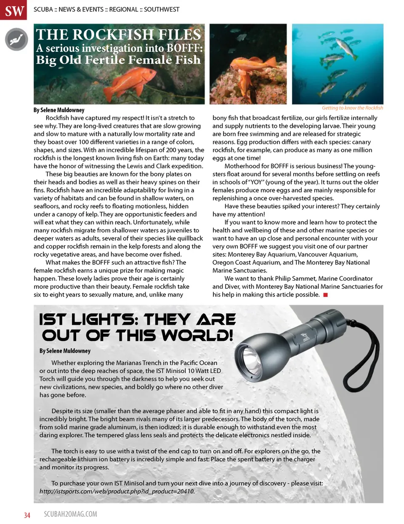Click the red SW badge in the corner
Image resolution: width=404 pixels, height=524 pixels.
[x=14, y=10]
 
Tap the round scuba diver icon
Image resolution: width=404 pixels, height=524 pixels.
[x=16, y=40]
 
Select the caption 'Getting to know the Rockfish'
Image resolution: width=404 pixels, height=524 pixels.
[x=352, y=108]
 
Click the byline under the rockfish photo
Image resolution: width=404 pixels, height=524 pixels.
[x=59, y=110]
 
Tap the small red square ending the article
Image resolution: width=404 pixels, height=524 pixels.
[x=325, y=295]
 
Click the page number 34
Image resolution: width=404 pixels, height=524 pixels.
[x=27, y=515]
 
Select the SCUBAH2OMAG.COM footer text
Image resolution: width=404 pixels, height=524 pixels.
[x=70, y=514]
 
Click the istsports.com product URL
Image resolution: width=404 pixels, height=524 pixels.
[x=117, y=491]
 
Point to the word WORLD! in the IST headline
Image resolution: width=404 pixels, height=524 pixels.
[x=197, y=335]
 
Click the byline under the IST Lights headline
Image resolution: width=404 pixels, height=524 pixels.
[x=65, y=351]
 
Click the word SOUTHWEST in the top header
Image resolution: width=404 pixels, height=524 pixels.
[x=162, y=9]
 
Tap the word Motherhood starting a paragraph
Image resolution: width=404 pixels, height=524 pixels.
[x=243, y=166]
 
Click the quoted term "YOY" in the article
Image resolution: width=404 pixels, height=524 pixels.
[x=256, y=182]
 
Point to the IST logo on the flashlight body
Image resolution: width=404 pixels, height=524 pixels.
[x=305, y=338]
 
